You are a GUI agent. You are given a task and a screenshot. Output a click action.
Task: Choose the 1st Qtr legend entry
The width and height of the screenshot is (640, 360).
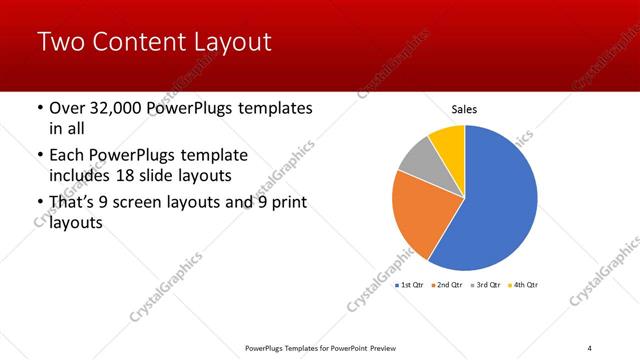412,285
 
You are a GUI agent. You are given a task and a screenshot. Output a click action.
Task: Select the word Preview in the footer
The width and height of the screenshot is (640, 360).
393,347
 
